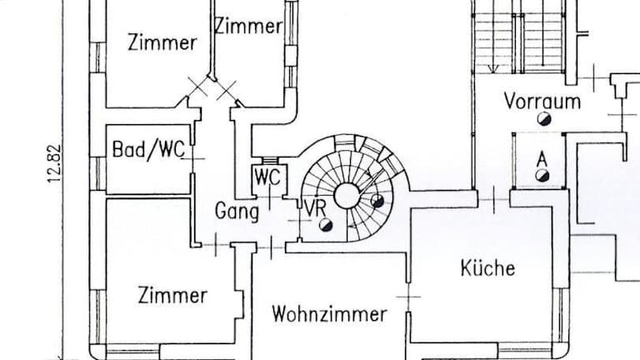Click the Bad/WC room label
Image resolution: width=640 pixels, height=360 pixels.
pyautogui.click(x=148, y=150)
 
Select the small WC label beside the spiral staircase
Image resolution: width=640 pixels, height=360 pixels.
pyautogui.click(x=267, y=177)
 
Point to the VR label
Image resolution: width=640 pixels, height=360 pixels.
pyautogui.click(x=314, y=208)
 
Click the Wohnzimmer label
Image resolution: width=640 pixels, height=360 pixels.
pyautogui.click(x=329, y=314)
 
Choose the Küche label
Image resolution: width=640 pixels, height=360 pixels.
pyautogui.click(x=488, y=268)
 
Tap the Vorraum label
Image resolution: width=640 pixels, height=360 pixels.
pyautogui.click(x=542, y=102)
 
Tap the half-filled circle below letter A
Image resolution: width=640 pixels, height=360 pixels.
pyautogui.click(x=542, y=175)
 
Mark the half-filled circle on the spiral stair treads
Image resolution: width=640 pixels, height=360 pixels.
pyautogui.click(x=377, y=200)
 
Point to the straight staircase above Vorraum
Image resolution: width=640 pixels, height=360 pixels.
pyautogui.click(x=521, y=37)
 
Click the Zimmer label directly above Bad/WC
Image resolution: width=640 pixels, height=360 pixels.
pyautogui.click(x=162, y=42)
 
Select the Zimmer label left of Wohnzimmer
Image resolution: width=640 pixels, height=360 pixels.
pyautogui.click(x=172, y=295)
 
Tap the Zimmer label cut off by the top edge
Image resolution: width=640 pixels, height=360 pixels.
pyautogui.click(x=248, y=26)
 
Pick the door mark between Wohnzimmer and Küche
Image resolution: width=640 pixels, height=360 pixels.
pyautogui.click(x=407, y=297)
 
